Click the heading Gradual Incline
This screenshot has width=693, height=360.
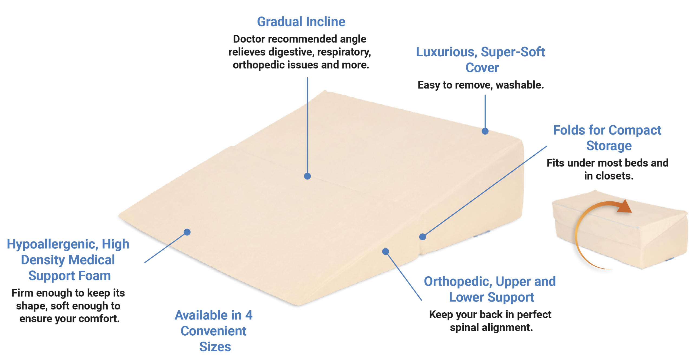(x=301, y=22)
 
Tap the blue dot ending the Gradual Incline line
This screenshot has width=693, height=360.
(x=307, y=176)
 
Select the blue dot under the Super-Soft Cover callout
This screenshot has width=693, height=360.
(x=485, y=131)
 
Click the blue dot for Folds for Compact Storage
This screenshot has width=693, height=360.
(x=422, y=237)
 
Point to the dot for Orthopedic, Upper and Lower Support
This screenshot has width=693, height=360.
(x=385, y=251)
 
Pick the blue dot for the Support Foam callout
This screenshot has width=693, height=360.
(x=187, y=232)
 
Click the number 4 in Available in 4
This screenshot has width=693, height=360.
(x=249, y=315)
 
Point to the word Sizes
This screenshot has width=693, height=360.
(x=215, y=347)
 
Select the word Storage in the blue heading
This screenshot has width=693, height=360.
(x=609, y=146)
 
